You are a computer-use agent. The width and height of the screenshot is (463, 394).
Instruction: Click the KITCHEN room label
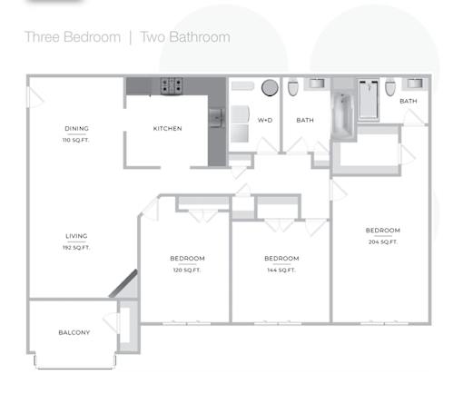(x=167, y=129)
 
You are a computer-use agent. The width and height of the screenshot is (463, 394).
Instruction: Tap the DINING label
(x=76, y=129)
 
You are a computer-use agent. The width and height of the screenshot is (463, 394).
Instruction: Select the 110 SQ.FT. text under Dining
(x=75, y=140)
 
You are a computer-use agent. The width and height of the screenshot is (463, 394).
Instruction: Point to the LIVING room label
(x=76, y=236)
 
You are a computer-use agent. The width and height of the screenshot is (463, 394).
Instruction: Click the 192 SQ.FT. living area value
(x=76, y=248)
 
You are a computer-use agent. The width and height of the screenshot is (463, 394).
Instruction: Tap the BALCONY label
(x=74, y=332)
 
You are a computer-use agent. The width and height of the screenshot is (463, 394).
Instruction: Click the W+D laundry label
(x=265, y=120)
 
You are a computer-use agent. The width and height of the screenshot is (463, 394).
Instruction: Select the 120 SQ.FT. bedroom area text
(x=187, y=270)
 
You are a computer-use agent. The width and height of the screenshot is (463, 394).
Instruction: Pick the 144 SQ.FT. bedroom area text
(x=281, y=270)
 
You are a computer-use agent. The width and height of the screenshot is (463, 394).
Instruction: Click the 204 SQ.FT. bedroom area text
(x=383, y=241)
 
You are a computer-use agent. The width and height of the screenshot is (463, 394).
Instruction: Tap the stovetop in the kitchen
(x=172, y=85)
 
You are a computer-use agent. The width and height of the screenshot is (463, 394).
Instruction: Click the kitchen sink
(x=216, y=117)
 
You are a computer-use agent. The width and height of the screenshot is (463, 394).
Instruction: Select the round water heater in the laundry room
(x=270, y=88)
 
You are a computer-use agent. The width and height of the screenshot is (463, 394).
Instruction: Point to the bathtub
(x=343, y=116)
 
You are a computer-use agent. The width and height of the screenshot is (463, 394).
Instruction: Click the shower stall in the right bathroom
(x=369, y=100)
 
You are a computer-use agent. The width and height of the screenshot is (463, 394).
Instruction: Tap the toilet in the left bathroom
(x=293, y=87)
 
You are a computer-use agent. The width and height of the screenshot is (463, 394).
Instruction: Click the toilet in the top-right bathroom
(x=390, y=87)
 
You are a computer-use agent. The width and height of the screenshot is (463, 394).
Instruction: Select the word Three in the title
(x=42, y=37)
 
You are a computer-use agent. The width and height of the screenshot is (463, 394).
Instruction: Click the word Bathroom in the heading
(x=200, y=37)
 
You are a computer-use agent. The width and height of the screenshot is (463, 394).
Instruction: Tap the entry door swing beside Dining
(x=35, y=97)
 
